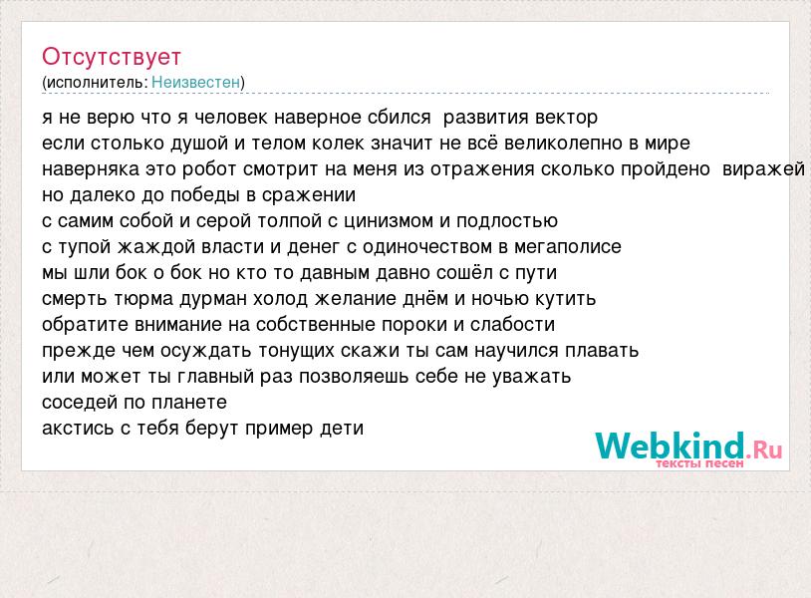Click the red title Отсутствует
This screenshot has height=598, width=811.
[112, 57]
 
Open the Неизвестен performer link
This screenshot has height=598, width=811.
[196, 82]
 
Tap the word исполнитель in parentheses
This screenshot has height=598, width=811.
[96, 83]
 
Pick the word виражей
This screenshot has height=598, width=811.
[763, 169]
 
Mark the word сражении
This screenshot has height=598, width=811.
[309, 195]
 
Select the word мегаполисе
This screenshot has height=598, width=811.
[567, 247]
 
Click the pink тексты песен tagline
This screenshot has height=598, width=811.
[699, 463]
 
